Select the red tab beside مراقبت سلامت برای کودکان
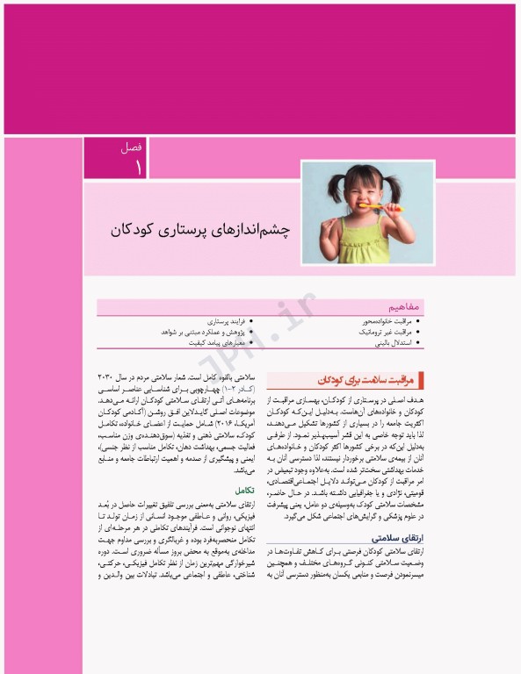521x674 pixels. [x=423, y=379]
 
